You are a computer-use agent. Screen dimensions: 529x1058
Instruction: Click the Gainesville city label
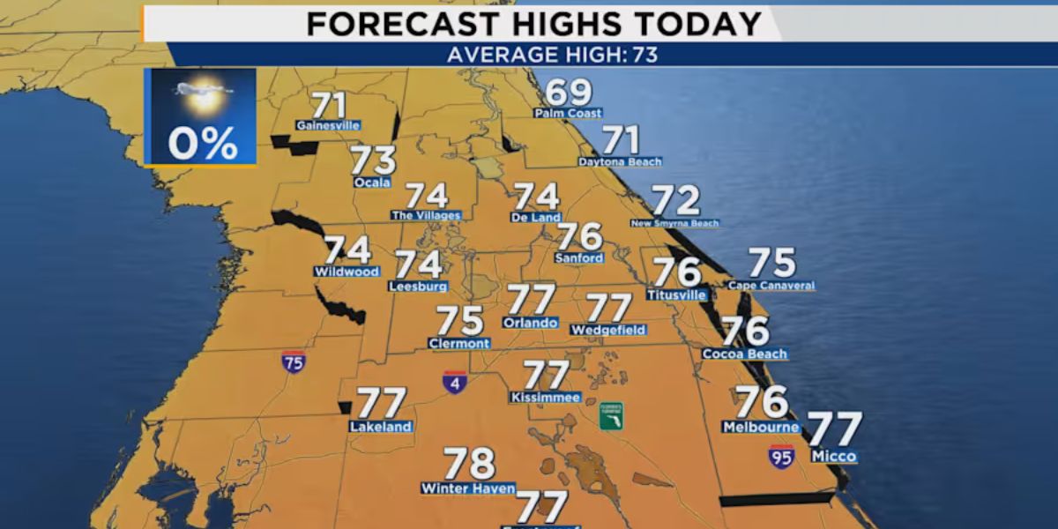point(328,125)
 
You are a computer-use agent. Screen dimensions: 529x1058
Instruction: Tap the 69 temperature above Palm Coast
point(569,93)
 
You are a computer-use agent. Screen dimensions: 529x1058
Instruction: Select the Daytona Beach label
point(620,162)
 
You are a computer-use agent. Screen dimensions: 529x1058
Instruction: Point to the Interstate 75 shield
point(294,361)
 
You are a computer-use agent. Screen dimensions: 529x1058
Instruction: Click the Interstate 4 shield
point(454,382)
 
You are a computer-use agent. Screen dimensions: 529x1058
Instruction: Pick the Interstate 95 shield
point(780,456)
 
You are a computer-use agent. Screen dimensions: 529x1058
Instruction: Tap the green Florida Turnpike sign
point(611,416)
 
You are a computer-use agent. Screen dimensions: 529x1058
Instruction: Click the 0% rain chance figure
point(203,143)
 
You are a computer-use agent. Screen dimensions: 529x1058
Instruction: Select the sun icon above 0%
point(204,95)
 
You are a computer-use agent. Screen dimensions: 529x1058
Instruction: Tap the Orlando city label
point(530,323)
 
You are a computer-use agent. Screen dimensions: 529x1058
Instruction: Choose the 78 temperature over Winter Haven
point(469,464)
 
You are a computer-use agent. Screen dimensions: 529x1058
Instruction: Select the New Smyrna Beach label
point(674,224)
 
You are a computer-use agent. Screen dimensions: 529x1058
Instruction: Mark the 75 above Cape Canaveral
point(771,263)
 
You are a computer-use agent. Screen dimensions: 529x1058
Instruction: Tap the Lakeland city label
point(381,428)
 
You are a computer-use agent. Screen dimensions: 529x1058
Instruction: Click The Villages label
point(426,215)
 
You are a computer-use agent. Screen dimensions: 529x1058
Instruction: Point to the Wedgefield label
point(608,331)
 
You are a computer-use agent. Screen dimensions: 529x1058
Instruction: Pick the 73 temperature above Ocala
point(373,161)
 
